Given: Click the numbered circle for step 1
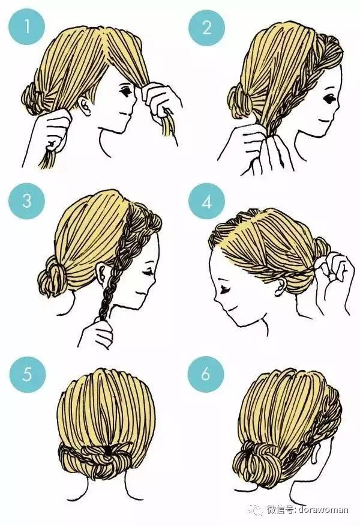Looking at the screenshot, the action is [x=27, y=26].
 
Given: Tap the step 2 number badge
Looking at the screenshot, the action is [x=206, y=28].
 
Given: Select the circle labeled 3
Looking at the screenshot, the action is [x=27, y=201].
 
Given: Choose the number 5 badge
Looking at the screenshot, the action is [x=27, y=373].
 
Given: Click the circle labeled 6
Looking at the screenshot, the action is [x=206, y=373].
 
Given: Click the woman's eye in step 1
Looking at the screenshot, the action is [x=127, y=91].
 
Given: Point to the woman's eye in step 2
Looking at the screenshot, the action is [x=328, y=99].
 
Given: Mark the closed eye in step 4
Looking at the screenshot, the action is [x=224, y=289].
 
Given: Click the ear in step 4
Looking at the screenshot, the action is [x=281, y=288].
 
